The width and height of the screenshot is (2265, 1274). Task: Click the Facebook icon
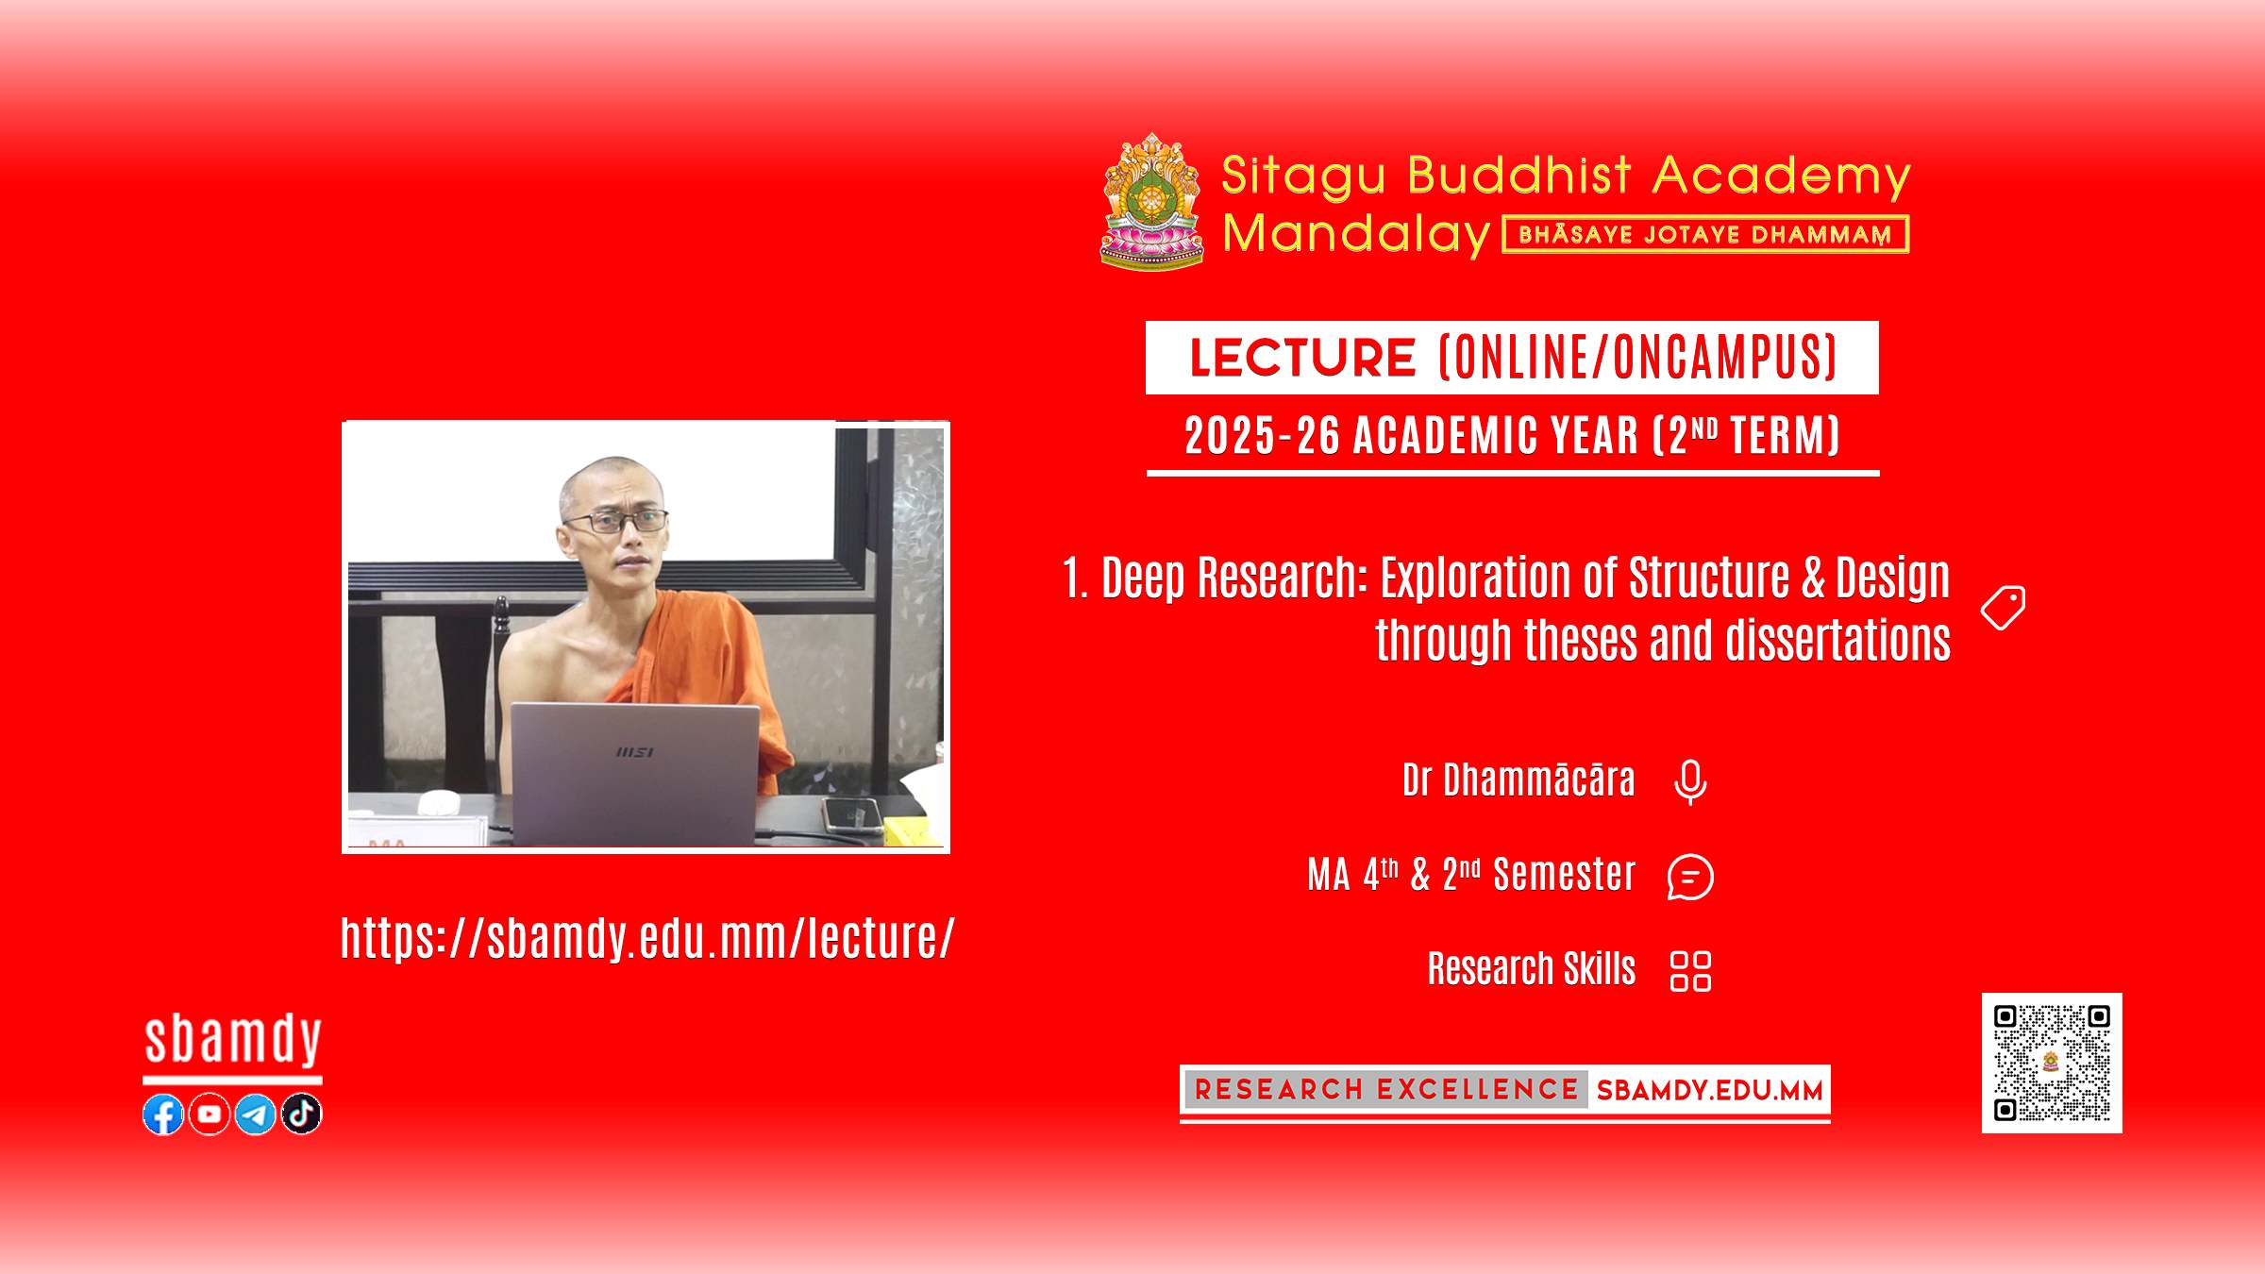point(163,1115)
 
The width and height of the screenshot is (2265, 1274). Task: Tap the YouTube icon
point(210,1115)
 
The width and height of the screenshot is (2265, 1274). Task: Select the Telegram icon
point(256,1115)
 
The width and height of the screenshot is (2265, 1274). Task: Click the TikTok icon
point(302,1115)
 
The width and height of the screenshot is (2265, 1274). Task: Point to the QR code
point(2052,1063)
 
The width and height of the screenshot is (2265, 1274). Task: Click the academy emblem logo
point(1152,202)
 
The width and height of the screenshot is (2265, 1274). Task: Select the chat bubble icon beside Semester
point(1690,877)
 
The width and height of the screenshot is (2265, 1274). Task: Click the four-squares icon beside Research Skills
point(1690,971)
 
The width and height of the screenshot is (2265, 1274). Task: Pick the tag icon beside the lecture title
point(2004,608)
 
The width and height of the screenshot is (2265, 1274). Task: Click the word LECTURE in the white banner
point(1302,358)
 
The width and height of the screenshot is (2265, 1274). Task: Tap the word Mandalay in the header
point(1356,234)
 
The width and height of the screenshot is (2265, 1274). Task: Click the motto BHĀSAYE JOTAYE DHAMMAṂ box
point(1705,234)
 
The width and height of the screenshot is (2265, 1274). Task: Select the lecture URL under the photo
point(648,938)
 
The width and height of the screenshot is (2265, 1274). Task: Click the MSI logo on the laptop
point(634,752)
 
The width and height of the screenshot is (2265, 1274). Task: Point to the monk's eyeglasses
point(617,520)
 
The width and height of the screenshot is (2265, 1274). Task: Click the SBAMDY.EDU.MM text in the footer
point(1709,1091)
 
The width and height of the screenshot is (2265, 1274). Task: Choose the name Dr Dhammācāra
point(1518,780)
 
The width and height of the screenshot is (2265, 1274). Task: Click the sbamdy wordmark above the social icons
point(233,1040)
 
